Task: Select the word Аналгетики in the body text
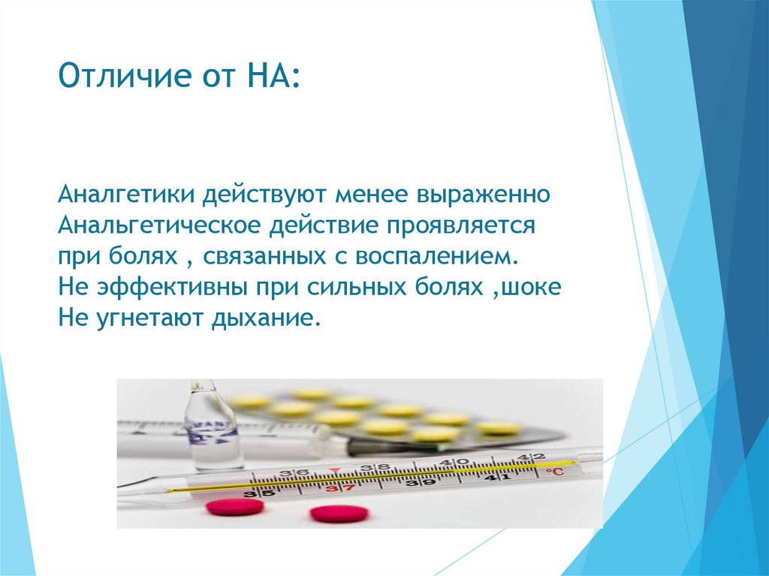click(x=126, y=195)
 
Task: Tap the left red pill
click(x=235, y=507)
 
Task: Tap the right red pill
click(x=339, y=514)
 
